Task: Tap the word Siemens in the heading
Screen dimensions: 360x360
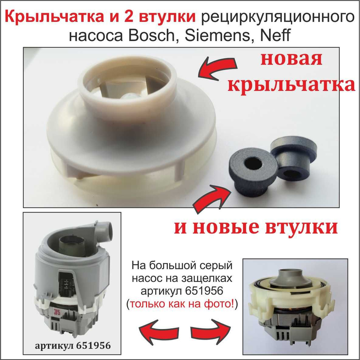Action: [x=217, y=35]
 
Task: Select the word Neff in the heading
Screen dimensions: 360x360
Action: [x=275, y=35]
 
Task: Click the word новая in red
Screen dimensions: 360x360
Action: [x=291, y=59]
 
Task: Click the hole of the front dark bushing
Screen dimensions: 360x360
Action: [x=253, y=164]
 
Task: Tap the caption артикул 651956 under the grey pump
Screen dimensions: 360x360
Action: [x=73, y=346]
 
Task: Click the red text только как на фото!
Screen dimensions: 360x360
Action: [x=182, y=304]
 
